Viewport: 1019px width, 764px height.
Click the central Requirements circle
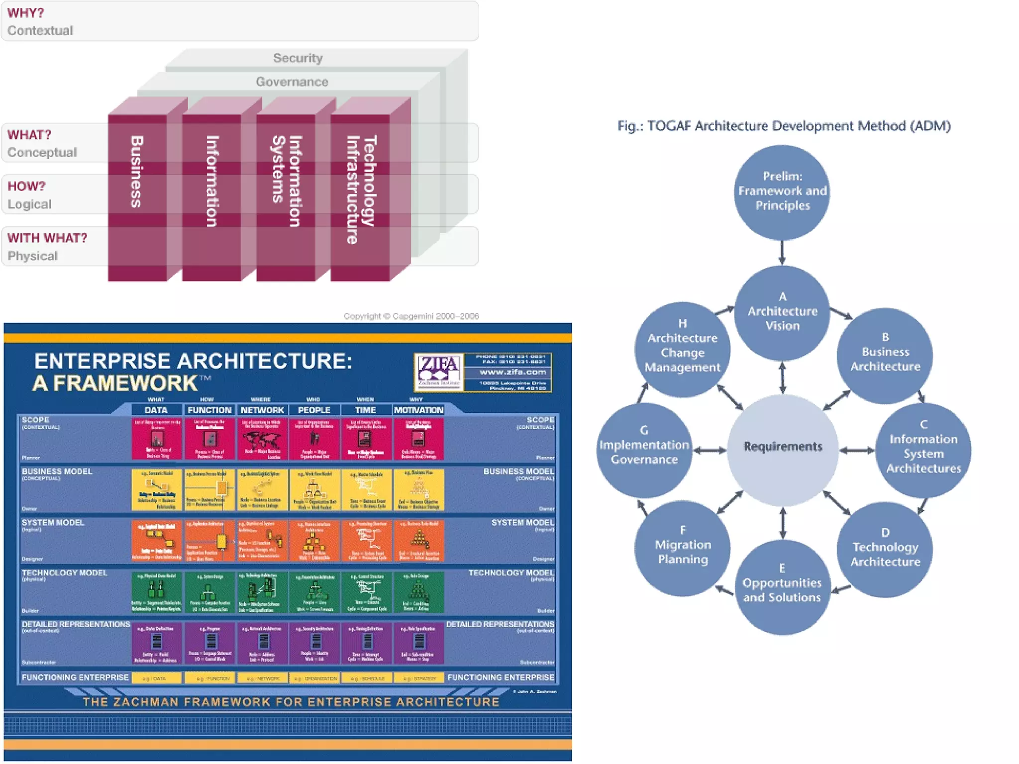pos(783,447)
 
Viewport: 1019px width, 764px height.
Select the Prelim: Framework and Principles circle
pos(782,191)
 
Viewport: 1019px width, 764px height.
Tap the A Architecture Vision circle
pos(782,312)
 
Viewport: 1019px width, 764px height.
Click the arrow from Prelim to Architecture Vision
pos(782,253)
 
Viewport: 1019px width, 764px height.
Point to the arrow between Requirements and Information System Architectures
pos(857,450)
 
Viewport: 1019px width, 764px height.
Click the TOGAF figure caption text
pos(784,126)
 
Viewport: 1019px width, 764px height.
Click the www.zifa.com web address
pos(512,372)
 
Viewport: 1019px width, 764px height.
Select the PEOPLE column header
pos(314,410)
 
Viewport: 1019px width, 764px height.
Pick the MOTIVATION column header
pos(418,410)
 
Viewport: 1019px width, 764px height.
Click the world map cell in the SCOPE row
pos(262,439)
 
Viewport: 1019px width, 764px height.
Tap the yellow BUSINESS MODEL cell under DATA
pos(156,489)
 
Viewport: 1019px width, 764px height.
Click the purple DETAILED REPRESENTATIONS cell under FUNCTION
pos(209,643)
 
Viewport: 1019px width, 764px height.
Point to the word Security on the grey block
pos(298,58)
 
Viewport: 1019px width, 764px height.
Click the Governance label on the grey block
pos(292,82)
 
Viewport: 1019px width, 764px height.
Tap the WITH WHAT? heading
pos(47,238)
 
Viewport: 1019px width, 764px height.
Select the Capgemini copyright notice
pos(411,316)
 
